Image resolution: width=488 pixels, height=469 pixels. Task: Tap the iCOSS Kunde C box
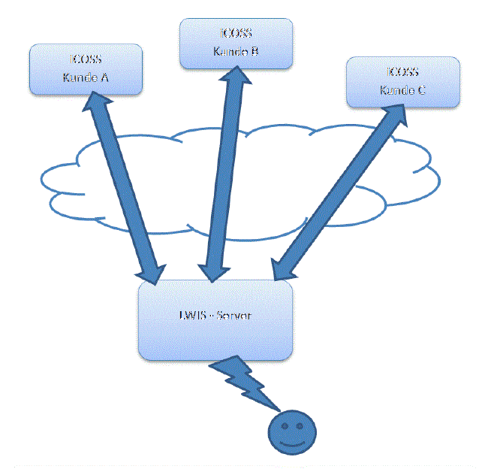(402, 82)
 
